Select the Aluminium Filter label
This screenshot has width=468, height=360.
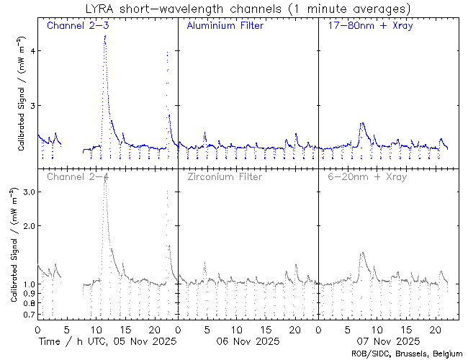pos(225,26)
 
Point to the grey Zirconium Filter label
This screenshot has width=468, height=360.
pos(225,176)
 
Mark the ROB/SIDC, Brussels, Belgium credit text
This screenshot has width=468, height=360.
pos(407,354)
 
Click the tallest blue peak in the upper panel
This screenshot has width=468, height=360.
pos(105,36)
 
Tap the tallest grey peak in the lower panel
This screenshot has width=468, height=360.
pos(105,176)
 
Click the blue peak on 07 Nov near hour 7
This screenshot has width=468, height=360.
pos(362,124)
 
